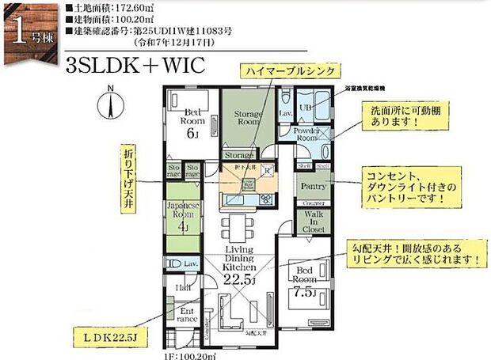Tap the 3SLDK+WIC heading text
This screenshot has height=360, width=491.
(135, 64)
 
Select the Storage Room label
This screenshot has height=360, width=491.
(248, 119)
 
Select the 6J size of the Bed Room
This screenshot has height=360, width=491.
(191, 134)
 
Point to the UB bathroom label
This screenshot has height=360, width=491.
(306, 108)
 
